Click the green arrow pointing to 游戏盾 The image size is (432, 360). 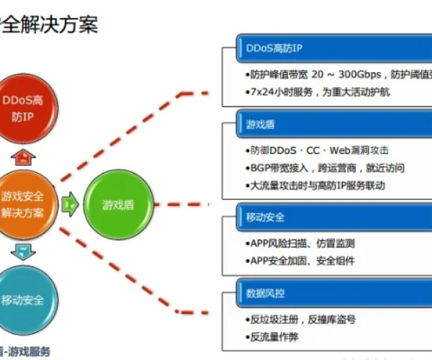[x=71, y=204]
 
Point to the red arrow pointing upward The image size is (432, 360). [x=24, y=156]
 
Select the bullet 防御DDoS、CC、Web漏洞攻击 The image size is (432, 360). [x=317, y=150]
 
